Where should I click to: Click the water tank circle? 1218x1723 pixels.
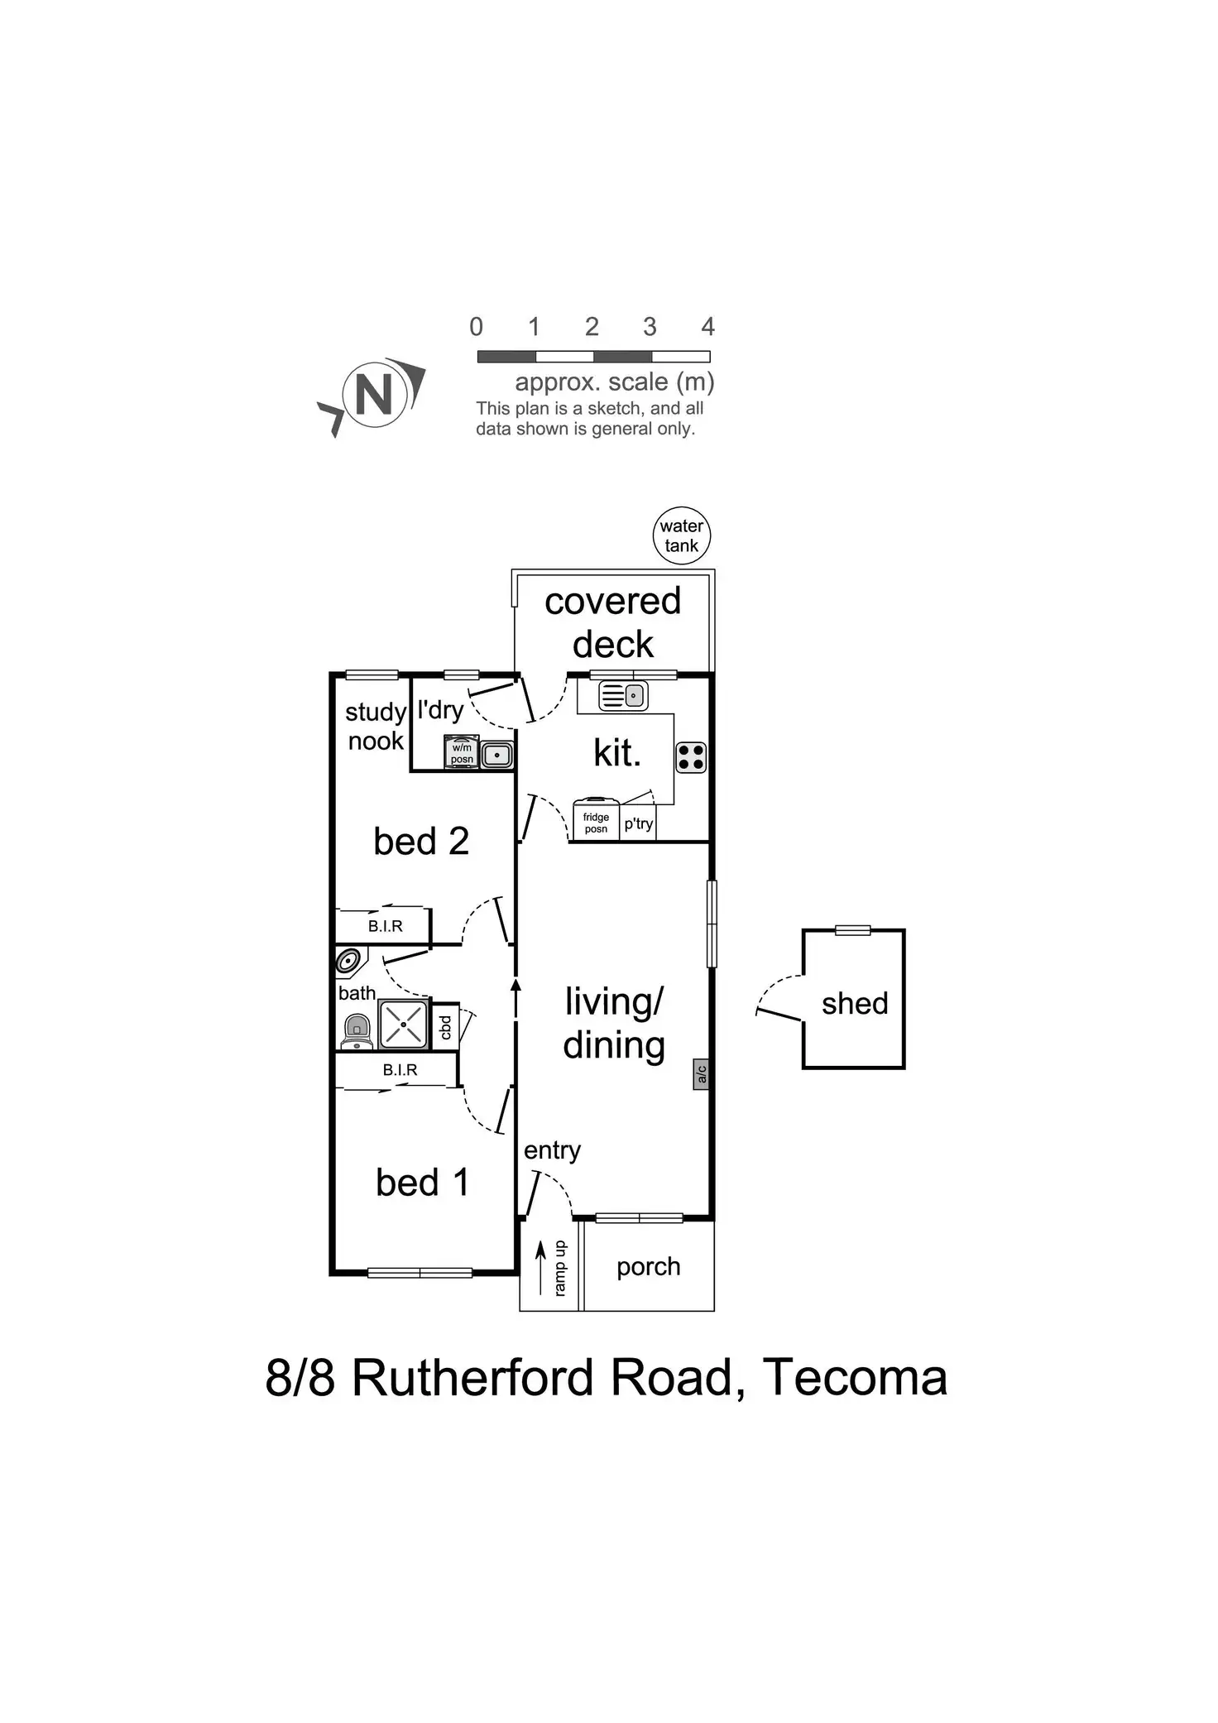tap(681, 535)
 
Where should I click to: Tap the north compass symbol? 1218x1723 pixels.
tap(374, 396)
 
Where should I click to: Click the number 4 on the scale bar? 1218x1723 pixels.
tap(707, 327)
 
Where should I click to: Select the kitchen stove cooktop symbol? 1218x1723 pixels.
tap(691, 757)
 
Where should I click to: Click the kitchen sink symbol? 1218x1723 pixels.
tap(623, 695)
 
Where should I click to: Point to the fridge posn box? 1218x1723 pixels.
tap(596, 821)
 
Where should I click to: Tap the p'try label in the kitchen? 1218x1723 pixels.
tap(639, 823)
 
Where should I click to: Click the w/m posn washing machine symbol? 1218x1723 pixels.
tap(462, 752)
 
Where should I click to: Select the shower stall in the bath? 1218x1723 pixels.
tap(404, 1025)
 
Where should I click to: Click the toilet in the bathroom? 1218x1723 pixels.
tap(357, 1033)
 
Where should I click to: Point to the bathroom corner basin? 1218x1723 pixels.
tap(350, 962)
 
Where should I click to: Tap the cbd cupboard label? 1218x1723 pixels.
tap(446, 1027)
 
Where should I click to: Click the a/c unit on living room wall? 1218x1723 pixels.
tap(701, 1074)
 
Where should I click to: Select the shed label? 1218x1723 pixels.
tap(855, 1003)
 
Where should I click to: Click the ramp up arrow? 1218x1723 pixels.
tap(541, 1267)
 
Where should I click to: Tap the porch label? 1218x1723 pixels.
tap(649, 1266)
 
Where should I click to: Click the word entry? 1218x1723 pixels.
tap(552, 1149)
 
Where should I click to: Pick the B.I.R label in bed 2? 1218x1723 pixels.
tap(386, 926)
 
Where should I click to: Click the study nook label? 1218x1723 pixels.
tap(376, 726)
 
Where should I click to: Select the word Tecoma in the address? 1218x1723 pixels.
tap(855, 1378)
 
